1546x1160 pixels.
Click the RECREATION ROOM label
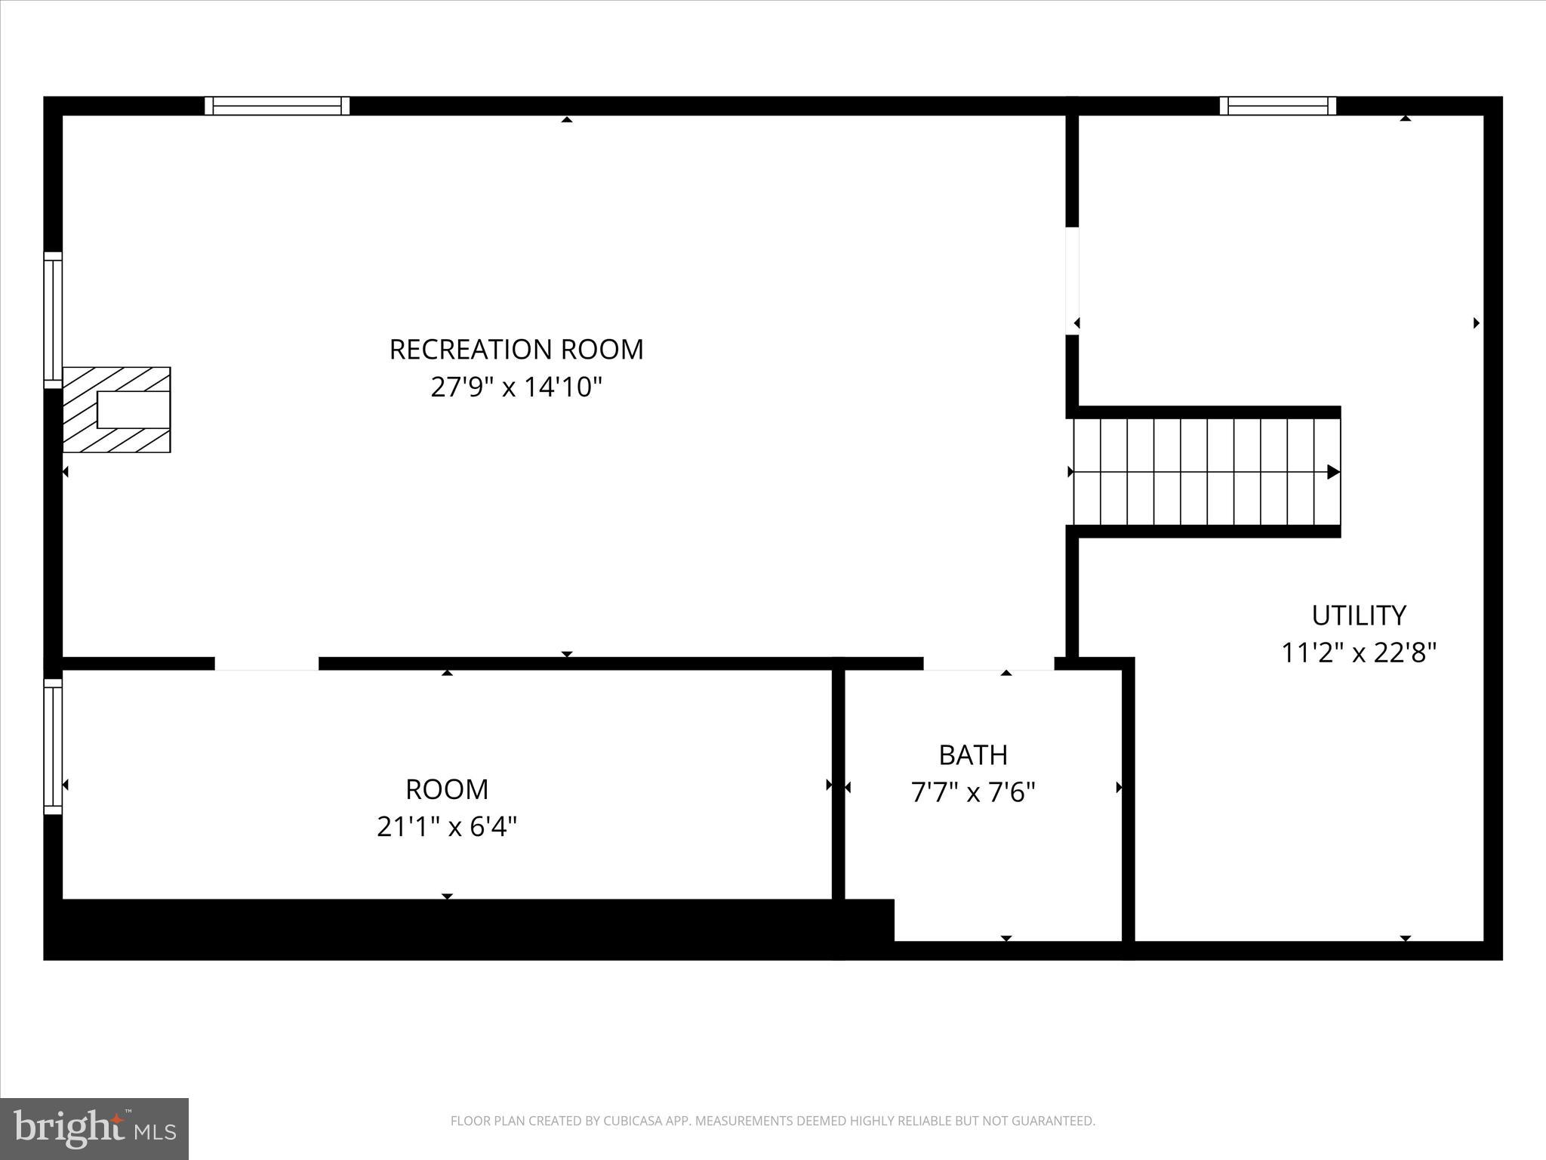[x=516, y=350]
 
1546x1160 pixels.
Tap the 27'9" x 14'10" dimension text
[x=516, y=387]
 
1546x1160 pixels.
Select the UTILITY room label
[x=1359, y=615]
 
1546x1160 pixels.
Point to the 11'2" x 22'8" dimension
[x=1359, y=652]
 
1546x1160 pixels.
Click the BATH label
[x=973, y=754]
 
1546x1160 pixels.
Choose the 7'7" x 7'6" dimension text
[x=973, y=792]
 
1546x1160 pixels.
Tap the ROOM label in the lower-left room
[x=447, y=789]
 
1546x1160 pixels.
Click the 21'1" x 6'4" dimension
[x=447, y=827]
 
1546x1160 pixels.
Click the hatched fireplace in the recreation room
[x=117, y=410]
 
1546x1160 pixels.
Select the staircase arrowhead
[x=1333, y=472]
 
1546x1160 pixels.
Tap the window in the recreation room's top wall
[x=277, y=106]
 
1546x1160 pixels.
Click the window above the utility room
[x=1277, y=106]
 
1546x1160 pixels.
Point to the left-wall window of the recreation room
[x=53, y=320]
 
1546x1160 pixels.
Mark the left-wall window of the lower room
[x=53, y=746]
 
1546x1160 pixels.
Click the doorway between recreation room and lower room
[x=266, y=664]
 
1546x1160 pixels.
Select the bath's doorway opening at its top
[x=988, y=664]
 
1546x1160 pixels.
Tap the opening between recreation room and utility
[x=1072, y=280]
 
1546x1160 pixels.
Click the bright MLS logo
[x=94, y=1128]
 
